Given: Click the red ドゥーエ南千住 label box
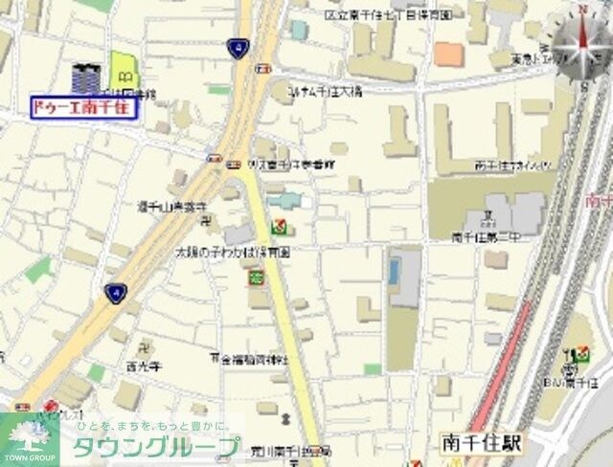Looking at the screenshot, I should click(85, 108).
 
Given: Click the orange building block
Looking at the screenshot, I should click(447, 53).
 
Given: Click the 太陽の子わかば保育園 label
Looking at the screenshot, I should click(232, 252).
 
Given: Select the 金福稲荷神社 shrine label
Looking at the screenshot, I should click(251, 359).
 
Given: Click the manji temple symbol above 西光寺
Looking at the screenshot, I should click(145, 346).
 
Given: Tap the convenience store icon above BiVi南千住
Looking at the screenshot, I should click(582, 355).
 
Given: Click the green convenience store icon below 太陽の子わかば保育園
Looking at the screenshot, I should click(257, 278).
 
